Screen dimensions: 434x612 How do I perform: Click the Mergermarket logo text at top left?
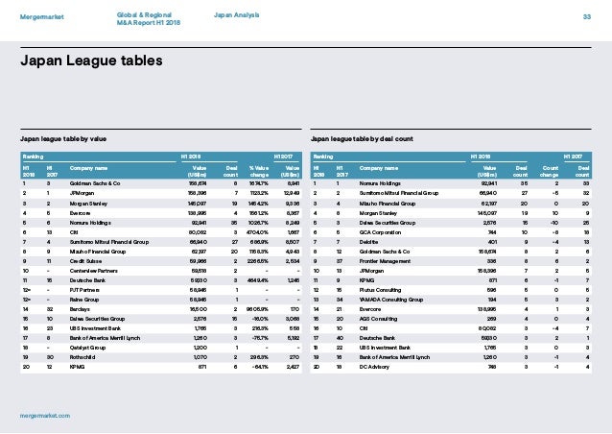[44, 16]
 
